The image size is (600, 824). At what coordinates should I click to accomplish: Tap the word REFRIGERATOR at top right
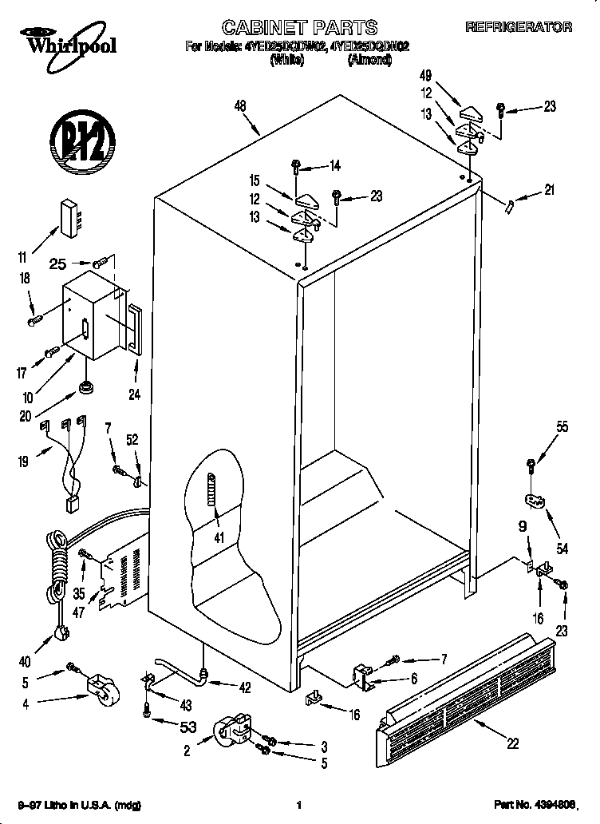(x=518, y=27)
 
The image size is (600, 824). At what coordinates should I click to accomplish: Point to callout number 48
(x=239, y=105)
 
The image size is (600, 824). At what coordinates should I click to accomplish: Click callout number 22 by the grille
(x=512, y=743)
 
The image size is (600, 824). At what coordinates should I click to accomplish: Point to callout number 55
(x=562, y=427)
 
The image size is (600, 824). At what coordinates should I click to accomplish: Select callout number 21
(x=548, y=190)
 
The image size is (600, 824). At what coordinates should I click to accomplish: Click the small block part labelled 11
(x=69, y=216)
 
